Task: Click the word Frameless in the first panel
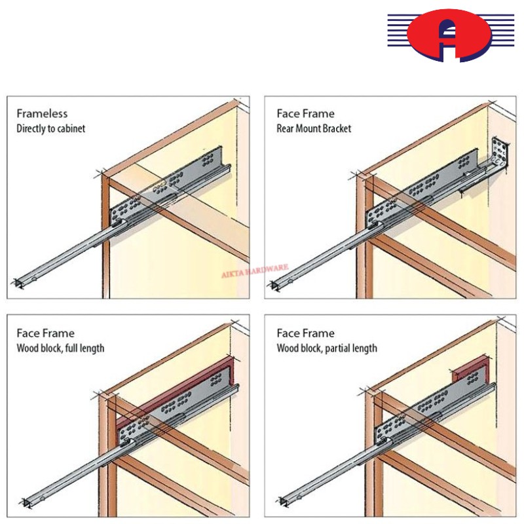point(42,114)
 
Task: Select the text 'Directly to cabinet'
point(50,128)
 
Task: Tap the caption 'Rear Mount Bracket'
point(314,128)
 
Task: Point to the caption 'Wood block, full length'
point(60,348)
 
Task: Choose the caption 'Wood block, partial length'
point(327,348)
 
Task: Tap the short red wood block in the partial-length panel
point(470,372)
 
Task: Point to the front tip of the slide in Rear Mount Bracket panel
point(278,284)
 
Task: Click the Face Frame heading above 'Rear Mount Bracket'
point(305,114)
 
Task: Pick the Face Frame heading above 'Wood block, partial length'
point(305,333)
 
